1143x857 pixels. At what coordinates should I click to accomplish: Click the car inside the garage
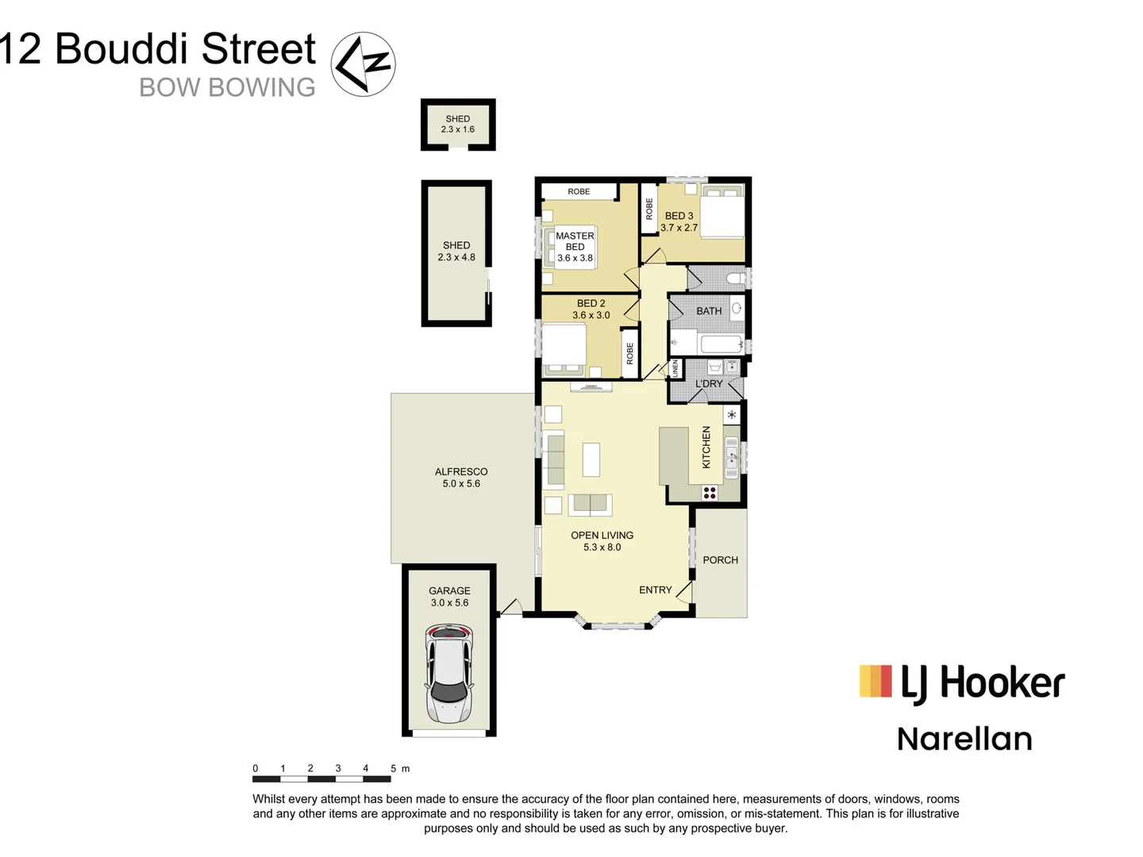(449, 674)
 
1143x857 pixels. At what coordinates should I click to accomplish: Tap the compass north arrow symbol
(363, 64)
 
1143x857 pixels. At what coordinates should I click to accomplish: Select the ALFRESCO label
(461, 477)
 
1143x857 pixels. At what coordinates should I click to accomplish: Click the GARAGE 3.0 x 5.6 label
(449, 597)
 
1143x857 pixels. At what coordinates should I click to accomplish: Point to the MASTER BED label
(575, 247)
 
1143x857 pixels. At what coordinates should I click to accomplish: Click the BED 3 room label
(679, 221)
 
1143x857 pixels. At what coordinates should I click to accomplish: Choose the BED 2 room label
(591, 309)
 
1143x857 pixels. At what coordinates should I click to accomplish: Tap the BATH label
(709, 311)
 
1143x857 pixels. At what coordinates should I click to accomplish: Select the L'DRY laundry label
(709, 384)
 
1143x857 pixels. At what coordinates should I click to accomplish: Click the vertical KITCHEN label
(706, 447)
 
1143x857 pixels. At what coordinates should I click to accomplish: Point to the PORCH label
(720, 560)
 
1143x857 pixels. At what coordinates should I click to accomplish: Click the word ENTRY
(656, 590)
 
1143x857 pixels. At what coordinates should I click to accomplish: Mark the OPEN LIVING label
(602, 541)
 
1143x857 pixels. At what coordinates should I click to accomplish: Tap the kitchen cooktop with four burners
(710, 493)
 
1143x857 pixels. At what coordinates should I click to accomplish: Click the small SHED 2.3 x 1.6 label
(458, 124)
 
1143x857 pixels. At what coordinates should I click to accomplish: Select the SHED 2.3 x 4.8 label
(456, 251)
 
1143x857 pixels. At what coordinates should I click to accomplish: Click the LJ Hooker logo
(962, 683)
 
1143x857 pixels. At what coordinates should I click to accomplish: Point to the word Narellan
(964, 739)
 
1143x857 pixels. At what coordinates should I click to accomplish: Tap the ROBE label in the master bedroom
(579, 191)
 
